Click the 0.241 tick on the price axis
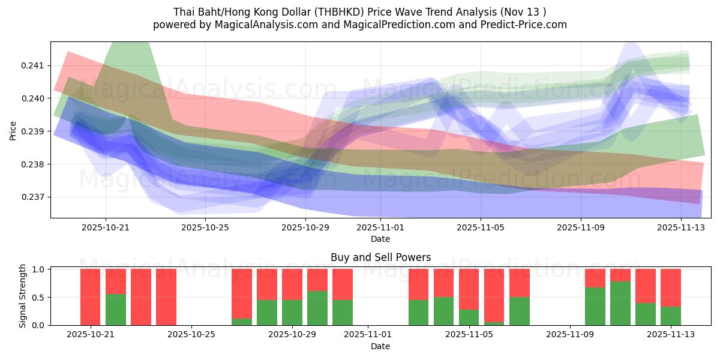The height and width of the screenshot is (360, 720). (34, 65)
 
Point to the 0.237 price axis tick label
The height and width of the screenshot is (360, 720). (34, 197)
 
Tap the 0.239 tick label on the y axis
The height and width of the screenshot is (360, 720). (34, 131)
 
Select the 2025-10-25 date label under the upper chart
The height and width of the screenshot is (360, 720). (206, 228)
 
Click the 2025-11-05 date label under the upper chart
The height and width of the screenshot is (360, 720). (481, 228)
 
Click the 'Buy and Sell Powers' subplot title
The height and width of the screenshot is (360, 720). (380, 257)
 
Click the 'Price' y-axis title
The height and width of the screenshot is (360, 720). (14, 130)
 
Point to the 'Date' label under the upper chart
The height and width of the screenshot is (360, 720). (380, 239)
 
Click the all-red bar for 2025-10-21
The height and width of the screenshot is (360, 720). (90, 297)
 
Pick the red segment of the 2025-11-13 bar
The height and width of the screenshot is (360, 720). (671, 287)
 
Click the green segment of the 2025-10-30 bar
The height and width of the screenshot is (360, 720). (317, 308)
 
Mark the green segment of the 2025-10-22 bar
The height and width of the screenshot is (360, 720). (115, 310)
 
